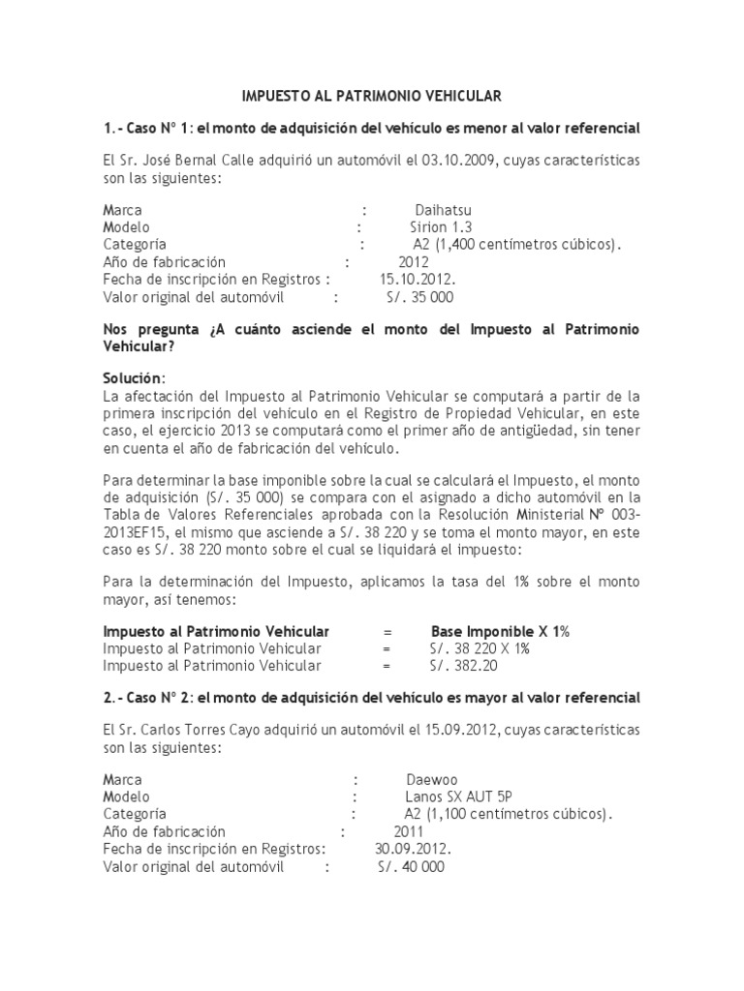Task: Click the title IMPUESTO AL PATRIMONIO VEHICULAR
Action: tap(371, 96)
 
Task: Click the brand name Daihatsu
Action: tap(443, 210)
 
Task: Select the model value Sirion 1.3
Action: tap(439, 227)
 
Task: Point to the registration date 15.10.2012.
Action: tap(418, 280)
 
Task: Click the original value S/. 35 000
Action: tap(418, 297)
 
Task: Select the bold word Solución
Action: tap(134, 376)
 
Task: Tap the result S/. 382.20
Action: tap(463, 666)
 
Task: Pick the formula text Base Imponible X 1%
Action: tap(500, 631)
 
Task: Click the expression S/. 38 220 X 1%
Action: tap(479, 648)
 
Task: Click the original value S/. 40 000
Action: tap(411, 866)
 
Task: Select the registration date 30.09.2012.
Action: tap(413, 849)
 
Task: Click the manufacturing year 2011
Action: tap(408, 831)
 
